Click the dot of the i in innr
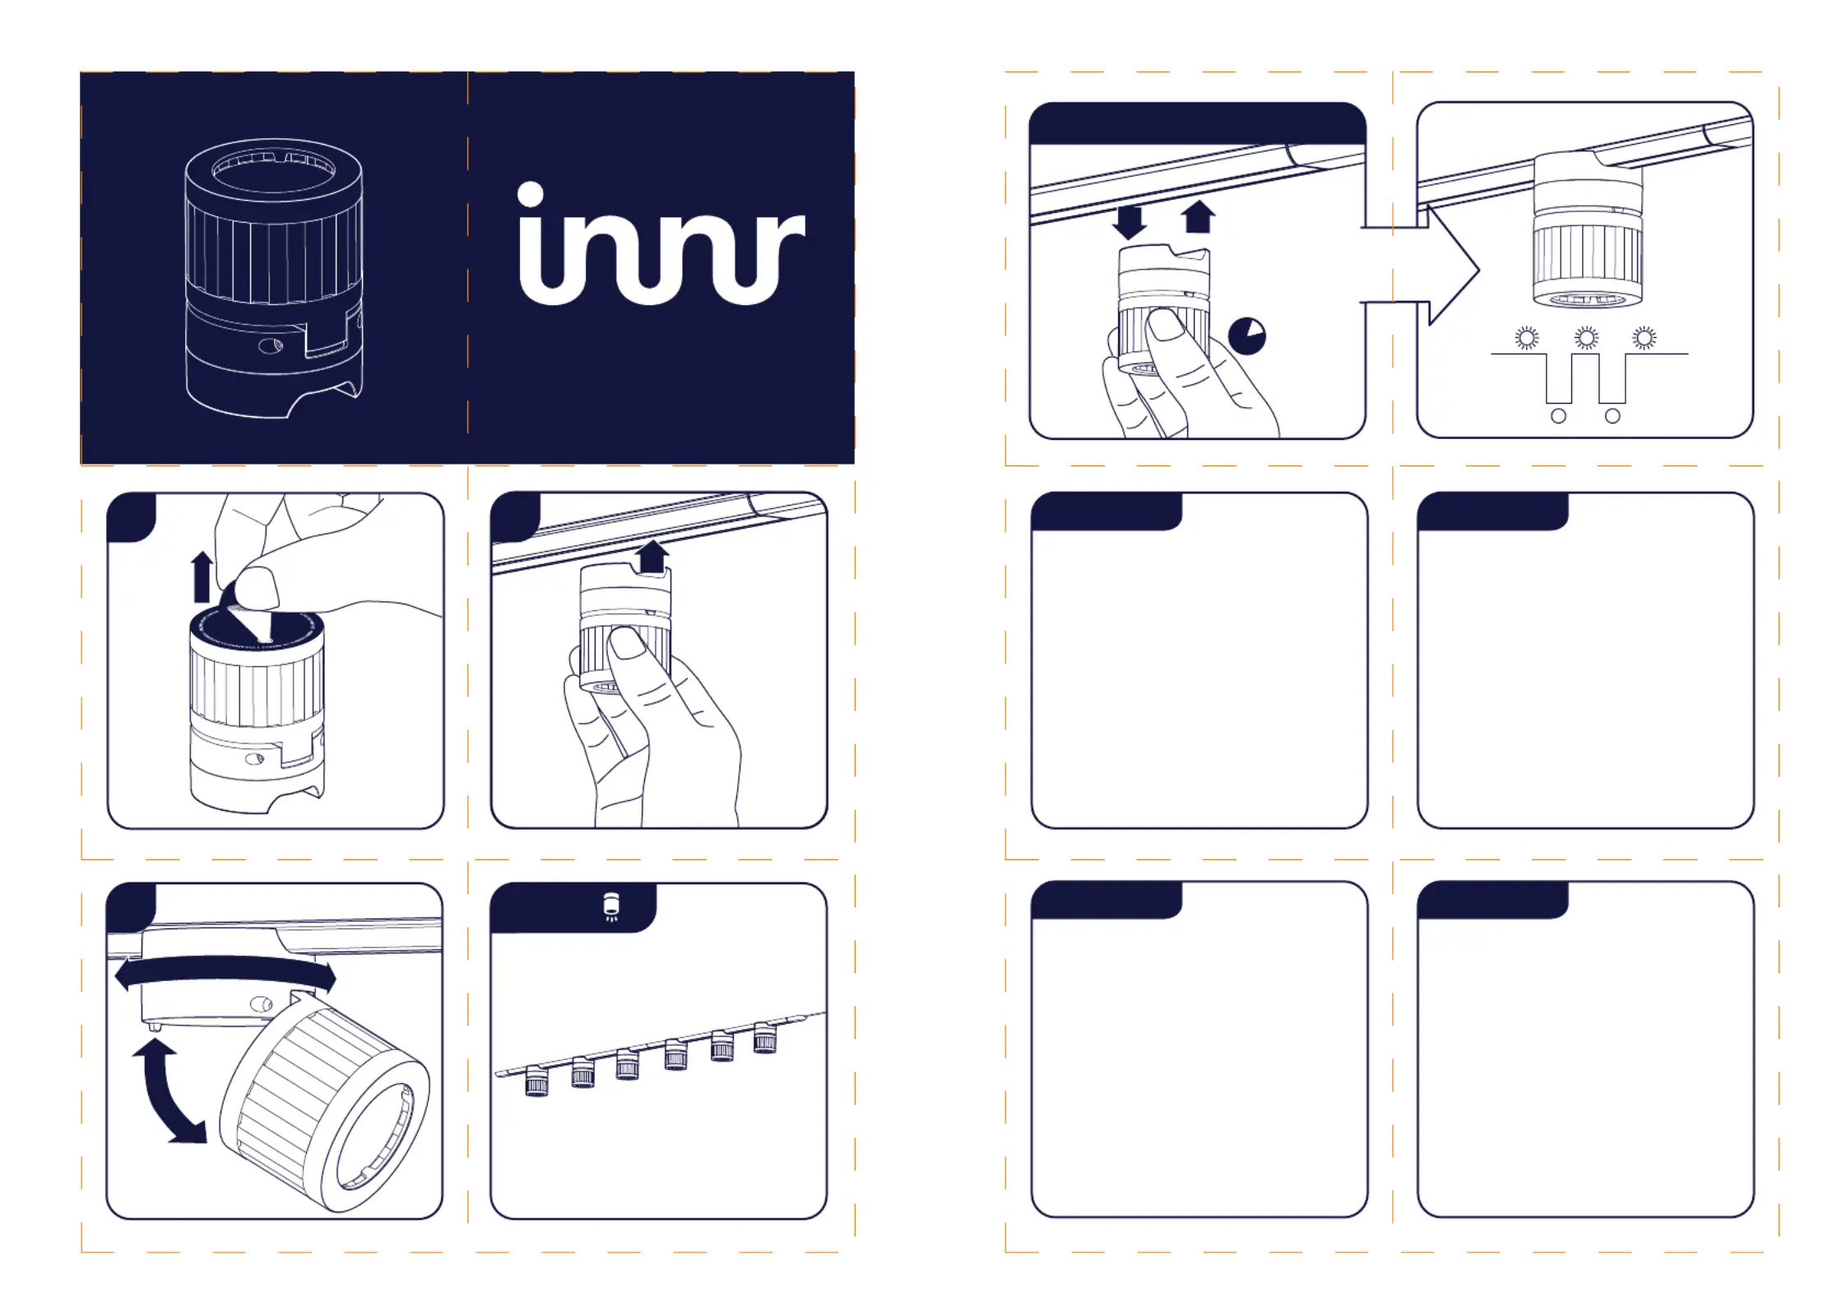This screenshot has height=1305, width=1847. (531, 194)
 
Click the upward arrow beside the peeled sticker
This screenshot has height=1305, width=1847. (202, 576)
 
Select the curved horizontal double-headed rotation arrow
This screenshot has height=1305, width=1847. (225, 973)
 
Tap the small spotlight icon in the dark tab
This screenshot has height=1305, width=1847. (611, 907)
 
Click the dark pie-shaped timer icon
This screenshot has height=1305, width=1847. (1246, 336)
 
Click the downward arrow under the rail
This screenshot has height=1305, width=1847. (1129, 222)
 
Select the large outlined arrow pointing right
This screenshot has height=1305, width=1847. (1432, 266)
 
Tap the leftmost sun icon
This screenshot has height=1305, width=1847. (1527, 337)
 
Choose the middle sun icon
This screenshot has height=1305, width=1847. (1586, 337)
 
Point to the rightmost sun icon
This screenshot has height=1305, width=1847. (1645, 337)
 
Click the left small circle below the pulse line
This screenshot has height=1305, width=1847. (1558, 416)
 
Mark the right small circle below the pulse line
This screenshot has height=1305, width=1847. (1613, 416)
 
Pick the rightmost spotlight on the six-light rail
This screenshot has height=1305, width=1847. (765, 1039)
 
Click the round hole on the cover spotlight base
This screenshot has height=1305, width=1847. (270, 345)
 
